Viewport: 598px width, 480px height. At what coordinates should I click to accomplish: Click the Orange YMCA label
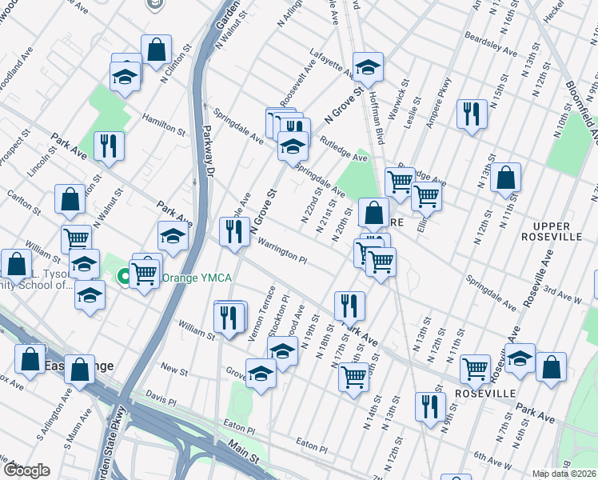pos(197,278)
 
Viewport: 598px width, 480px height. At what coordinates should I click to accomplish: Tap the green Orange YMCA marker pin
pos(124,278)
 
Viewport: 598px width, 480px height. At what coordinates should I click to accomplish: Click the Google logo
pos(26,470)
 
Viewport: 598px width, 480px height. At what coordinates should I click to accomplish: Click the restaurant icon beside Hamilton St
pos(108,146)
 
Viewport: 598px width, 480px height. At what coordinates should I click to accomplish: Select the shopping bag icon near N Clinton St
pos(157,50)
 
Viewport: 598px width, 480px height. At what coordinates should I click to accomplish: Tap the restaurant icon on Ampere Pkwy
pos(472,113)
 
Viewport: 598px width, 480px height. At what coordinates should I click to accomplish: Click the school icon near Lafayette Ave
pos(368,66)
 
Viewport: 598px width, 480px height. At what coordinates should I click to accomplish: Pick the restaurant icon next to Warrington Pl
pos(233,231)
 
